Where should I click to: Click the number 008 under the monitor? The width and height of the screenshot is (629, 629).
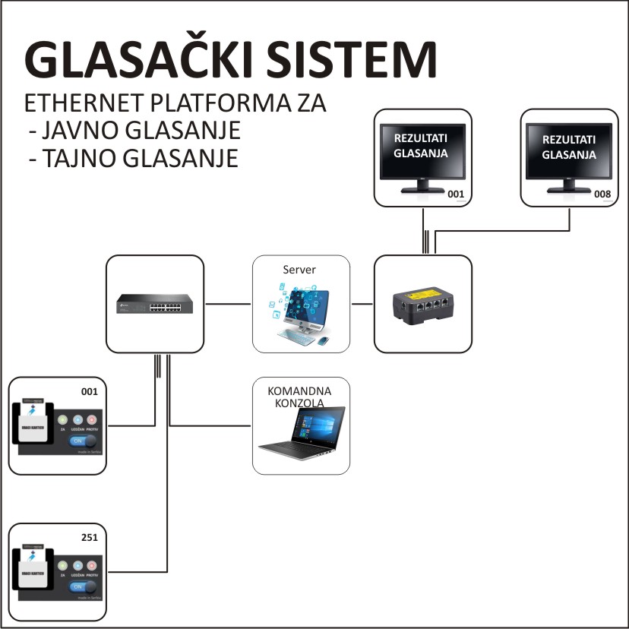pyautogui.click(x=602, y=194)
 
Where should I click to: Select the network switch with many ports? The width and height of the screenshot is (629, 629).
pyautogui.click(x=155, y=303)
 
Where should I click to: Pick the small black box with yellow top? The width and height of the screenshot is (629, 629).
pyautogui.click(x=423, y=306)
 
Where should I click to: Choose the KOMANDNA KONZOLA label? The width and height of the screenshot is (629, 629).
pyautogui.click(x=300, y=397)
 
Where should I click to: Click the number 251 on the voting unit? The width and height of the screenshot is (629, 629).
pyautogui.click(x=90, y=538)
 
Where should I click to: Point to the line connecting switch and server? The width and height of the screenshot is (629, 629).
pyautogui.click(x=228, y=304)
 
